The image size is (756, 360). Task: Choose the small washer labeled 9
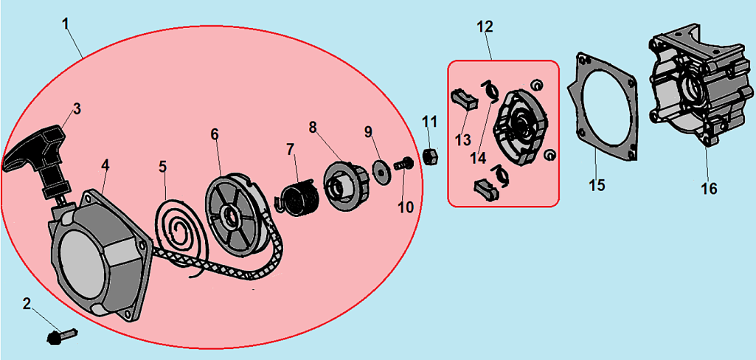(x=381, y=170)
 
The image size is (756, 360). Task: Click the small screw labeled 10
(x=403, y=164)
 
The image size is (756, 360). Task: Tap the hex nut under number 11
(x=429, y=156)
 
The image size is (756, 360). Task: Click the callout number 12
(x=485, y=27)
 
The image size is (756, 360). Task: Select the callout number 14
(x=479, y=158)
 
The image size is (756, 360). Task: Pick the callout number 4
(x=105, y=165)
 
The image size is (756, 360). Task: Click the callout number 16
(x=709, y=188)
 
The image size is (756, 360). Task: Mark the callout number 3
(x=77, y=109)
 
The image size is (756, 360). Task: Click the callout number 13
(x=462, y=139)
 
